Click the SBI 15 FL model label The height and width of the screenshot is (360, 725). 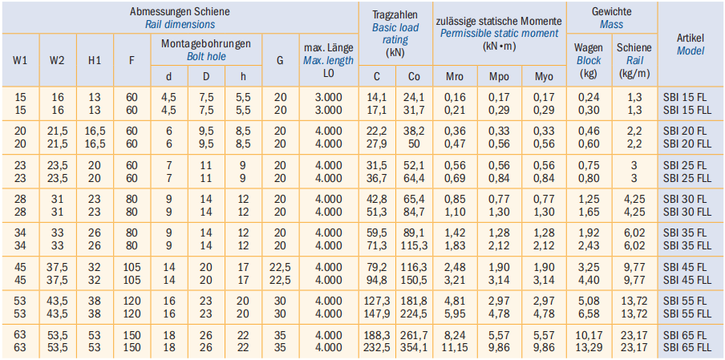pyautogui.click(x=684, y=96)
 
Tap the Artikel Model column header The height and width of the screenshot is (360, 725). pyautogui.click(x=690, y=44)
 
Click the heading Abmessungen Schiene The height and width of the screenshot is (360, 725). pyautogui.click(x=180, y=12)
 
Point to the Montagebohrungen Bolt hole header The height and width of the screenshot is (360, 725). pyautogui.click(x=205, y=49)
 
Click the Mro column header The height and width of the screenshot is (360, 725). pyautogui.click(x=455, y=77)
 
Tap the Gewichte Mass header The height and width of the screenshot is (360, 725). pyautogui.click(x=611, y=18)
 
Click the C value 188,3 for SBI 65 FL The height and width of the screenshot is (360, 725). pyautogui.click(x=377, y=334)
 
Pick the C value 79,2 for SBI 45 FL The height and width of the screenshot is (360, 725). pyautogui.click(x=377, y=267)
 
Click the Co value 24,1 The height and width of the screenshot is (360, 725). pyautogui.click(x=414, y=96)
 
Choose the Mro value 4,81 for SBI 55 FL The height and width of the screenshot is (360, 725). pyautogui.click(x=455, y=301)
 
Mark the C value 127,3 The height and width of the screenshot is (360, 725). pyautogui.click(x=377, y=301)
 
